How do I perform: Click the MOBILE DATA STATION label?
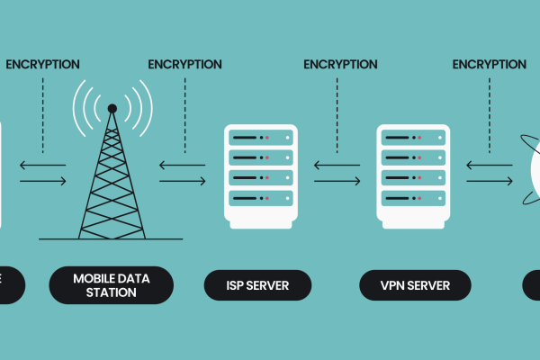coord(111,284)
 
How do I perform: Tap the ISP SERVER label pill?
coord(257,285)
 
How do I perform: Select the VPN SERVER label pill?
coord(415,285)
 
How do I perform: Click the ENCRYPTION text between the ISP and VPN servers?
coord(340,64)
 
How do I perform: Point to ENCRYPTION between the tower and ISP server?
coord(184,64)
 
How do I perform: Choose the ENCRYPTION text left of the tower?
coord(42,64)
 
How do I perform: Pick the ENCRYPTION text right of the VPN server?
coord(489,64)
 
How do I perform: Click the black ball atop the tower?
coord(112,109)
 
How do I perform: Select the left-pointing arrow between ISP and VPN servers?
coord(337,165)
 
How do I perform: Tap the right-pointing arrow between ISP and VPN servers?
coord(337,181)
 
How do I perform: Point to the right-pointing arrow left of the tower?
coord(43,181)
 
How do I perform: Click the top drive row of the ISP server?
coord(259,137)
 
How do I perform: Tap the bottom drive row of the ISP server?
coord(259,196)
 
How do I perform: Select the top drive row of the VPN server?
coord(412,137)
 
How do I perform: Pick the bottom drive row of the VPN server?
coord(412,196)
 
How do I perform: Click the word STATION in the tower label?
coord(111,292)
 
